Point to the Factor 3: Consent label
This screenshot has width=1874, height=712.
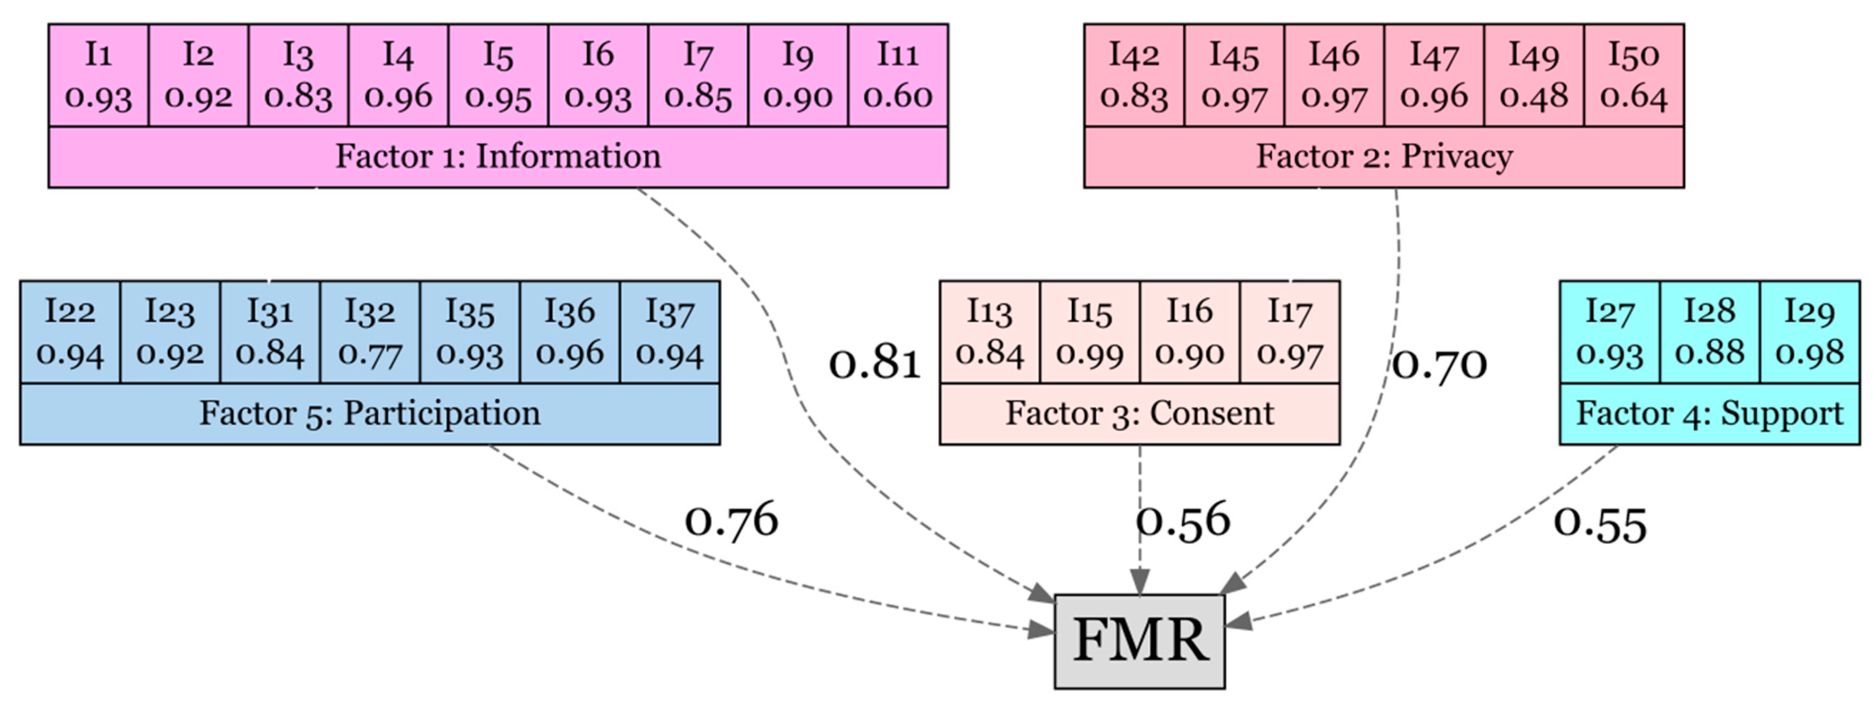point(1139,414)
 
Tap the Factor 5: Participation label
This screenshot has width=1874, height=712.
point(369,414)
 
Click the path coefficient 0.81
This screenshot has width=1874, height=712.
point(875,363)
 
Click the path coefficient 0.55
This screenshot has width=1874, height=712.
point(1600,524)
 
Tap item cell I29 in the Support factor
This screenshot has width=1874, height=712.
point(1809,332)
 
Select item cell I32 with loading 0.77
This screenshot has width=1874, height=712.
point(369,332)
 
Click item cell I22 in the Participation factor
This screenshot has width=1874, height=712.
point(70,332)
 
